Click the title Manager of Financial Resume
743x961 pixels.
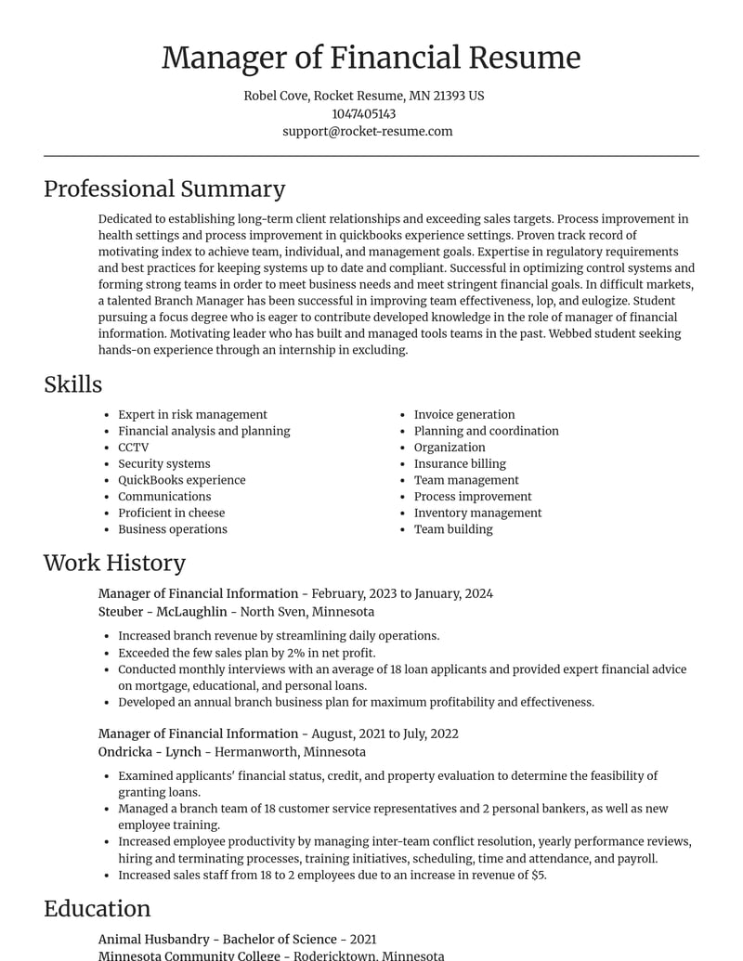[x=371, y=58]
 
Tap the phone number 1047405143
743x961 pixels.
[x=363, y=113]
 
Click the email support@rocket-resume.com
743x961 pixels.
[x=368, y=131]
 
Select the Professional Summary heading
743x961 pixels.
[x=164, y=188]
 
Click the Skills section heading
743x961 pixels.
[x=72, y=384]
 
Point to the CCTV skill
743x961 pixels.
[x=133, y=448]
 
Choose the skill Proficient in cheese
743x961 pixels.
[x=171, y=513]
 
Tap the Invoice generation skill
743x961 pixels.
[x=464, y=415]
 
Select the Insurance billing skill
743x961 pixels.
[x=460, y=463]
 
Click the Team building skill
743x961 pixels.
[x=453, y=529]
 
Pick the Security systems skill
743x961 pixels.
[x=163, y=463]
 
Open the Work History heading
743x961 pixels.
[x=114, y=563]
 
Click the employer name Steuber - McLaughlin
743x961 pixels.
[x=163, y=612]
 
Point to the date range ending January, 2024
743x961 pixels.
[x=402, y=593]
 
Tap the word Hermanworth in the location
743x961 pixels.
[x=253, y=752]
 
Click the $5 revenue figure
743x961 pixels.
[x=538, y=875]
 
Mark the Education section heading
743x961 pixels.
[x=97, y=909]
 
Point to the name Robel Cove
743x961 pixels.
[x=275, y=96]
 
